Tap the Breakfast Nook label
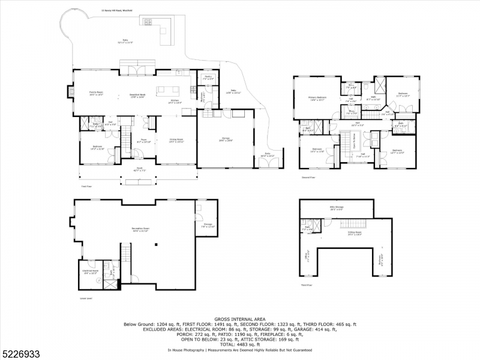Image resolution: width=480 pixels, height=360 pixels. (x=139, y=97)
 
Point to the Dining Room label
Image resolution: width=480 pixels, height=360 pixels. (x=176, y=140)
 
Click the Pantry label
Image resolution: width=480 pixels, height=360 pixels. (x=208, y=78)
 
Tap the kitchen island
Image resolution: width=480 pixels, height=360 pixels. (x=169, y=91)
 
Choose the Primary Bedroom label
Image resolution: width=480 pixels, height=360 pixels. (x=317, y=98)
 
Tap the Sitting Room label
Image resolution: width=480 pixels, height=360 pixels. (x=354, y=234)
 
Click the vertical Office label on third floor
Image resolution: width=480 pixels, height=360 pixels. (x=307, y=257)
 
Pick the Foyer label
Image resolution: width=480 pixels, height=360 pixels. (x=144, y=140)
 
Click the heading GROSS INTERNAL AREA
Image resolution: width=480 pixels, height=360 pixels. (x=239, y=319)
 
